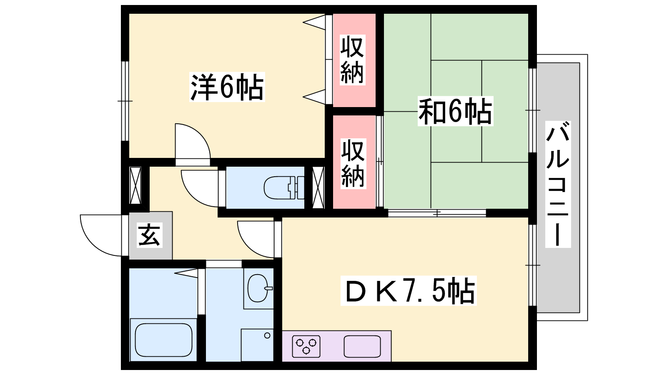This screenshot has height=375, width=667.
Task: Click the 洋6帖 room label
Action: (227, 87)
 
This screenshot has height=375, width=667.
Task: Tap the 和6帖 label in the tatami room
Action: (455, 111)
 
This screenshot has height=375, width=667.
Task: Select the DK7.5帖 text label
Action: (409, 290)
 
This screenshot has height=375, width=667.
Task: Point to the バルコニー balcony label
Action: (558, 184)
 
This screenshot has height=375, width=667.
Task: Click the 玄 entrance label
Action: (150, 235)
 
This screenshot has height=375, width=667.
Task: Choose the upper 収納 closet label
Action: (352, 60)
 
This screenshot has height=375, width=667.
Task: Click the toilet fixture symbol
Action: (284, 187)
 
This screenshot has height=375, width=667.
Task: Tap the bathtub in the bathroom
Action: (163, 340)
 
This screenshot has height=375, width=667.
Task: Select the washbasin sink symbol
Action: (258, 288)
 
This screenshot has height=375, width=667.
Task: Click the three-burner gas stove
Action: (306, 346)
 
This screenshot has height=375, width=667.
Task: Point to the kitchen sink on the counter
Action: (362, 346)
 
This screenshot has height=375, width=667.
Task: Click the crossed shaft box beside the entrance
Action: (135, 186)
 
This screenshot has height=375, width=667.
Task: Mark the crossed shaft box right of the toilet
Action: (318, 187)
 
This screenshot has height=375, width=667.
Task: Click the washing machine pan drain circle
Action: (267, 336)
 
